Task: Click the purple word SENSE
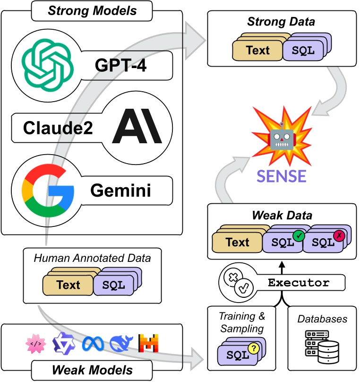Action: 282,175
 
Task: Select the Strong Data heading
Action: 282,22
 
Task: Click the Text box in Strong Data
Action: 257,50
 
